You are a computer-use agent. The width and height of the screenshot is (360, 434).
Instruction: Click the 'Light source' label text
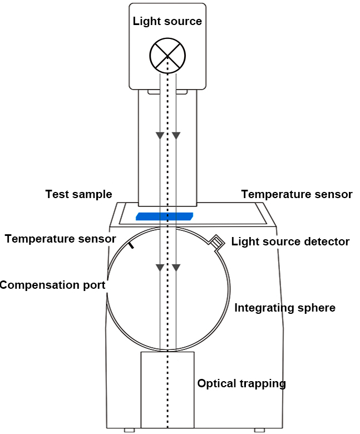(167, 22)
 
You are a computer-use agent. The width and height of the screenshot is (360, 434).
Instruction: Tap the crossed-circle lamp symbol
(167, 56)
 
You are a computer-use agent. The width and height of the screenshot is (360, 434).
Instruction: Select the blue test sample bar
(164, 215)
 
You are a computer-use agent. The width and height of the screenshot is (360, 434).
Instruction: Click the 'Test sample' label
(78, 194)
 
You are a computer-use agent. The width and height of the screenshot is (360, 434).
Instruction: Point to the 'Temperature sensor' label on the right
(297, 194)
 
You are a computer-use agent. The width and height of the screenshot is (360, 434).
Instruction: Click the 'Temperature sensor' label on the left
(61, 239)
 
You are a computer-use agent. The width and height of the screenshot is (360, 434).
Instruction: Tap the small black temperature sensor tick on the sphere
(131, 245)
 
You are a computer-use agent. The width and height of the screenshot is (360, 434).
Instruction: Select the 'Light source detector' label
(290, 241)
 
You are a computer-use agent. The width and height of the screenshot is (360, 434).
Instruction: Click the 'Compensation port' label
(52, 285)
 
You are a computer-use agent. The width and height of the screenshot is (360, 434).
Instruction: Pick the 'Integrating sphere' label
(285, 308)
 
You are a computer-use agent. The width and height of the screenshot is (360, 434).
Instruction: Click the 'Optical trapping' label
(241, 383)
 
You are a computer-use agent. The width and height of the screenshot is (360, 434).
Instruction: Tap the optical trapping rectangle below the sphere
(167, 389)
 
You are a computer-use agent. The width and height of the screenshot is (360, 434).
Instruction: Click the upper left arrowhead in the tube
(160, 135)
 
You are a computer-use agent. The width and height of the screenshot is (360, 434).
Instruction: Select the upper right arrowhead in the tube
(176, 135)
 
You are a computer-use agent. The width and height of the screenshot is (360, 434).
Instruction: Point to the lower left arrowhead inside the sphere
(160, 268)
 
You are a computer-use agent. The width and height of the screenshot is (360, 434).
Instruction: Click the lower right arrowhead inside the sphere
(176, 268)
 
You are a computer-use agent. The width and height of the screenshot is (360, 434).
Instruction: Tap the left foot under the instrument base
(129, 430)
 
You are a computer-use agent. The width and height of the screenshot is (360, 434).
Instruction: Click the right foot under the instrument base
(259, 430)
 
